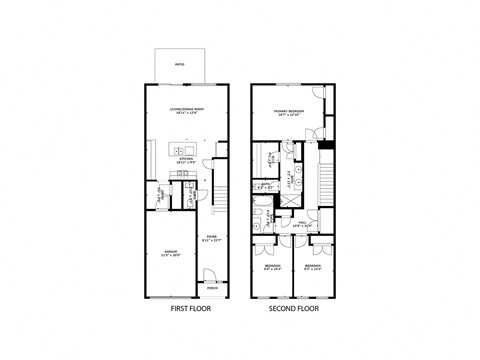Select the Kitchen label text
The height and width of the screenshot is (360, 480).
(187, 160)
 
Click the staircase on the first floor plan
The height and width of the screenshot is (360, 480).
(222, 195)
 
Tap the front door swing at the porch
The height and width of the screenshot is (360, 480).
(207, 277)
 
